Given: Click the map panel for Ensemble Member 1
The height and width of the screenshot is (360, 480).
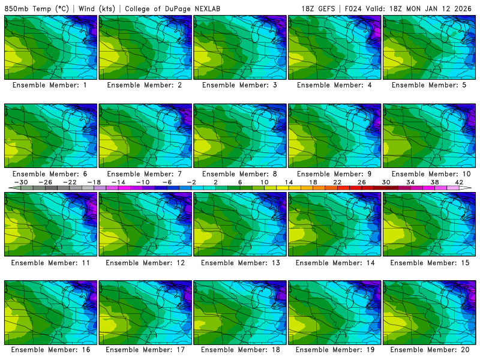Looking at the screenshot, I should [50, 47].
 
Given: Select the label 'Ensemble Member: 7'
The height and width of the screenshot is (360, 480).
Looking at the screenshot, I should [146, 173].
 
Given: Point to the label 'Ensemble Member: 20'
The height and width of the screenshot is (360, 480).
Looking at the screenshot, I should [430, 350].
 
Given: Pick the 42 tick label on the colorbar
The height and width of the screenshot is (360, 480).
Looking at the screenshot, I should [459, 182].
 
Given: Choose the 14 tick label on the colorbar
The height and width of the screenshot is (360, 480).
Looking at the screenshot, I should [289, 182].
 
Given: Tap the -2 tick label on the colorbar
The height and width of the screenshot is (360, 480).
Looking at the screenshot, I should [191, 182].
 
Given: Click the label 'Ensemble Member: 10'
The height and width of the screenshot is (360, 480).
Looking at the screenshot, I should [430, 173].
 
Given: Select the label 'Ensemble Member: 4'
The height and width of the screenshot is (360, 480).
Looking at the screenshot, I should [335, 85].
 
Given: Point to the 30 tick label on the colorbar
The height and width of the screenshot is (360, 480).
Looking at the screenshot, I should [386, 182].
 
